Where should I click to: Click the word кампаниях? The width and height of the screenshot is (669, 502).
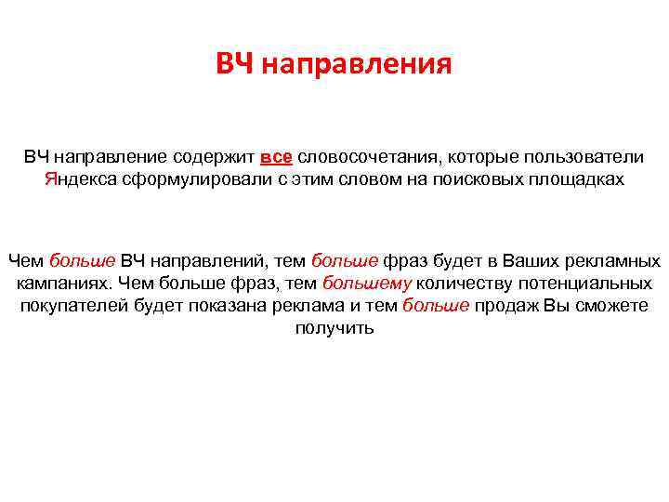64,283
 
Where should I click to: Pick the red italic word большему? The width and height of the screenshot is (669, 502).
367,283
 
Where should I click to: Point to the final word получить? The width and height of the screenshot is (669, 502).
334,328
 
